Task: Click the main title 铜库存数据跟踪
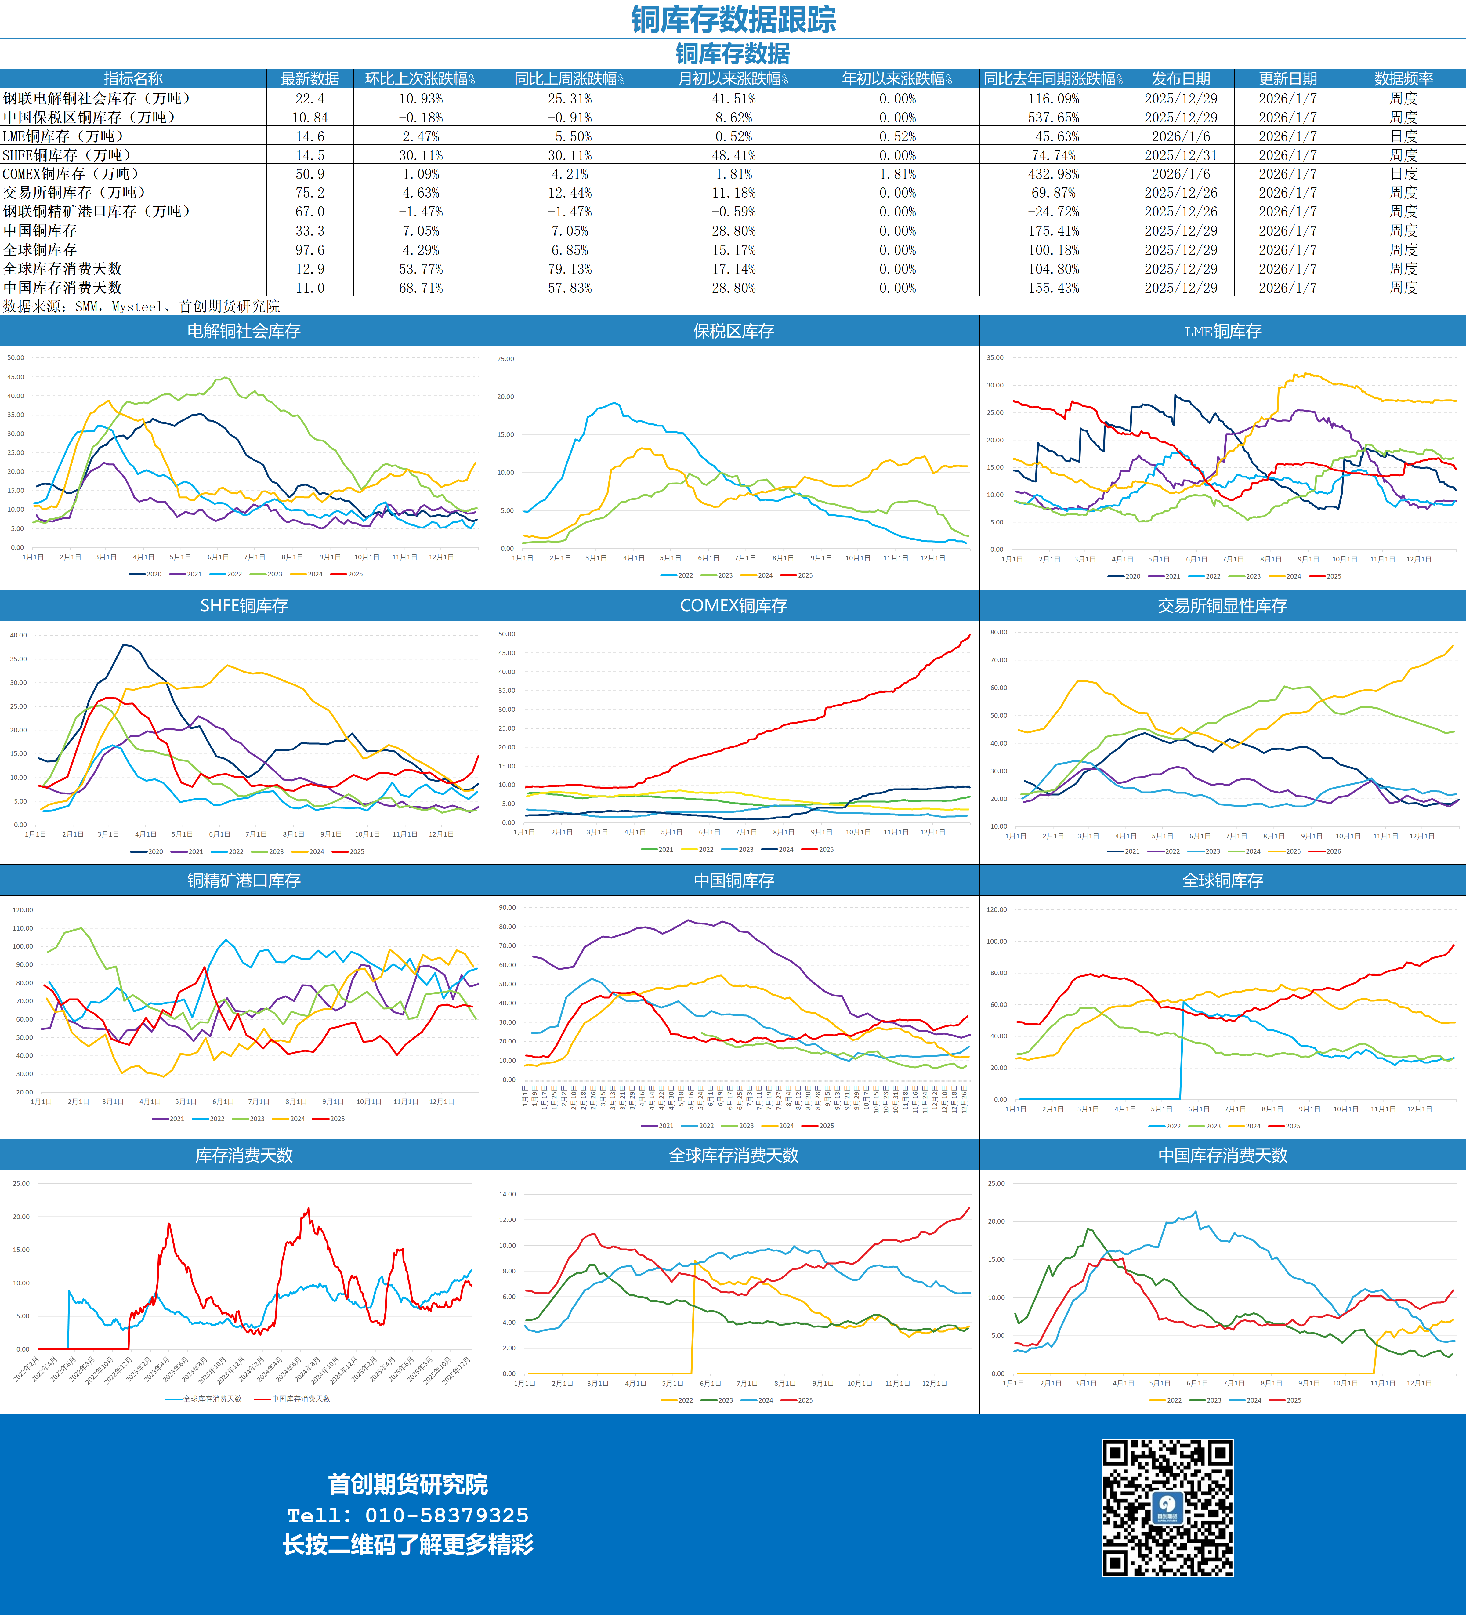click(x=733, y=19)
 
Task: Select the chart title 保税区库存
click(x=733, y=331)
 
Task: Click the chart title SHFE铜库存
click(x=244, y=606)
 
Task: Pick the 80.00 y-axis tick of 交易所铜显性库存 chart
click(x=998, y=632)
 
